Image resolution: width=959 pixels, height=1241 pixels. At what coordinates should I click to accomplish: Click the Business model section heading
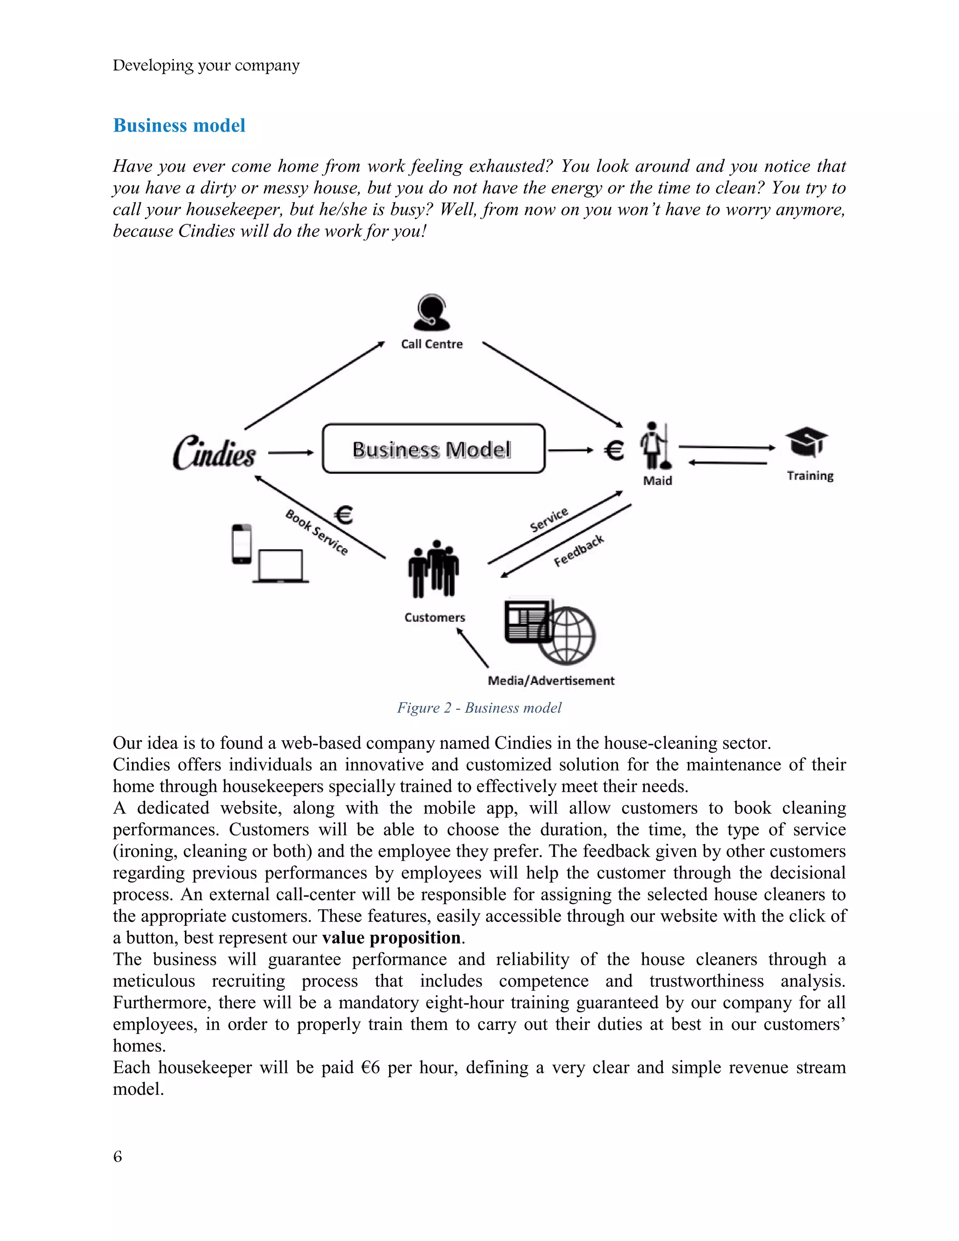click(x=179, y=126)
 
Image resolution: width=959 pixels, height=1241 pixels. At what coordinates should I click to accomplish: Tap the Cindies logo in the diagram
click(x=214, y=453)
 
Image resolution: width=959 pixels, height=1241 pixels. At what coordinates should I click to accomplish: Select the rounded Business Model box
click(x=433, y=449)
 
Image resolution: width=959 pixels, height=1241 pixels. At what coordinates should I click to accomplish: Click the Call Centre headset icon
click(x=431, y=312)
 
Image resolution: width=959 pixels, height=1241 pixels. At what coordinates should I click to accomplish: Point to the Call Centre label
click(x=431, y=344)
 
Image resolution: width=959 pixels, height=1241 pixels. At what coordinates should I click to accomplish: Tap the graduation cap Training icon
click(x=807, y=442)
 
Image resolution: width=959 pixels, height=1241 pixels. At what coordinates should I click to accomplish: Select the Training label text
click(x=810, y=476)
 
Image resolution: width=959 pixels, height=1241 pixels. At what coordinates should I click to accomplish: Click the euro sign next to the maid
click(x=614, y=451)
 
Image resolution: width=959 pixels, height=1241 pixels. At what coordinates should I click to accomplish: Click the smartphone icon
click(x=242, y=544)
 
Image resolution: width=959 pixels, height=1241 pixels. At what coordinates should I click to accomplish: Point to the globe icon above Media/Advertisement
click(x=567, y=635)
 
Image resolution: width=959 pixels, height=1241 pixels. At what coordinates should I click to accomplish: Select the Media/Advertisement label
click(x=551, y=681)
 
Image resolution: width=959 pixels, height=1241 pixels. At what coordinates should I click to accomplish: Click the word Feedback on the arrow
click(x=578, y=551)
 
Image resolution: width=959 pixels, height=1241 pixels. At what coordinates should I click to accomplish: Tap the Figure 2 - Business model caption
click(x=479, y=708)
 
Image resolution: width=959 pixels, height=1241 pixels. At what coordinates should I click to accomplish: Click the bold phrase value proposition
click(x=391, y=938)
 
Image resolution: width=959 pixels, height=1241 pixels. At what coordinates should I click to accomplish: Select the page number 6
click(x=118, y=1156)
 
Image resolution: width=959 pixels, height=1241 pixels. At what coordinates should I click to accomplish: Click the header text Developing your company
click(x=206, y=66)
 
